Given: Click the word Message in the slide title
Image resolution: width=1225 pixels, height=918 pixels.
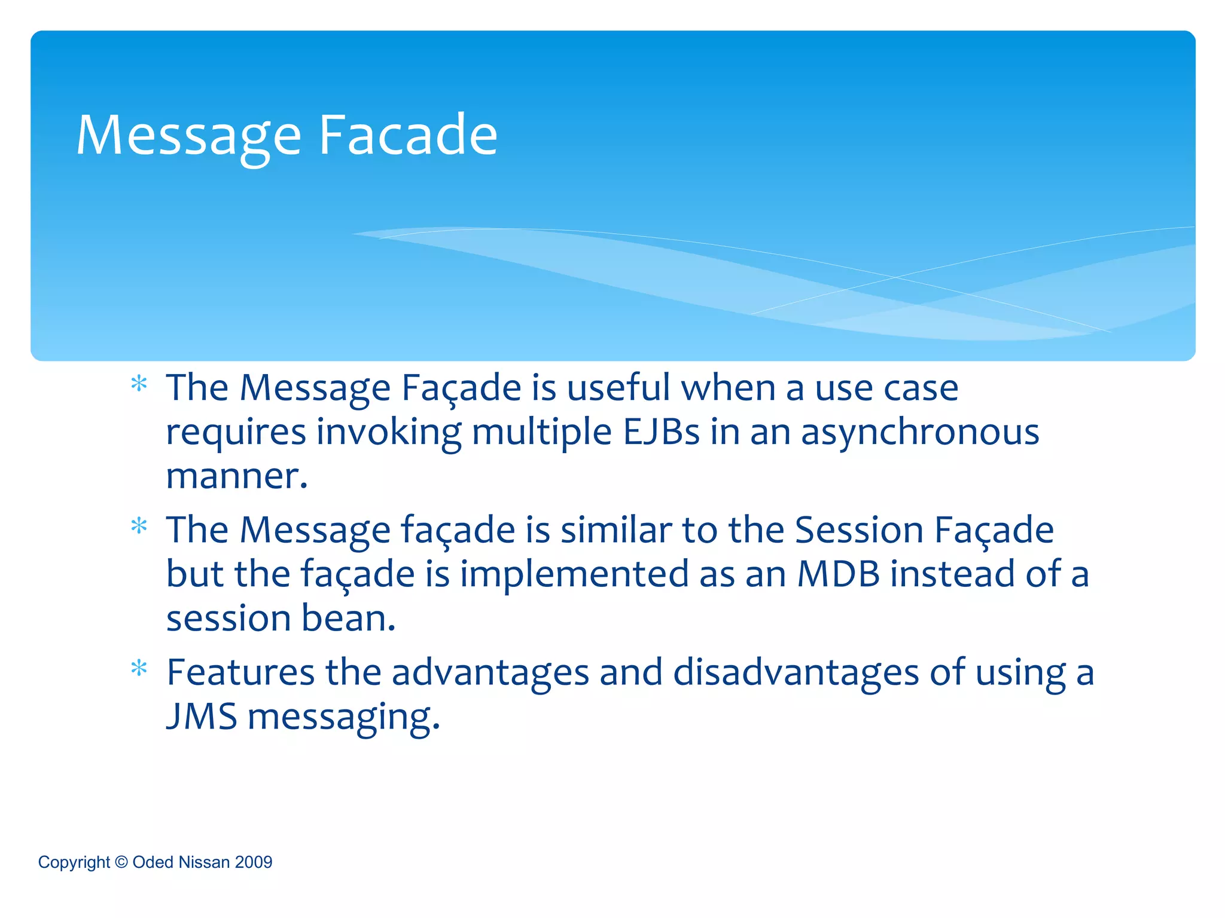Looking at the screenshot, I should pos(188,136).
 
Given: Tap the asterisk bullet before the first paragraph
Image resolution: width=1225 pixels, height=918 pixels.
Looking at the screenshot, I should pos(139,384).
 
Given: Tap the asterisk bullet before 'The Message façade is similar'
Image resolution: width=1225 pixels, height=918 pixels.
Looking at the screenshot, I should pos(139,526).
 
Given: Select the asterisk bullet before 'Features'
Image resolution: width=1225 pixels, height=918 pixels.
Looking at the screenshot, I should pos(139,668).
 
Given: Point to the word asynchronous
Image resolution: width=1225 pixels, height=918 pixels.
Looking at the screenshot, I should pos(920,433).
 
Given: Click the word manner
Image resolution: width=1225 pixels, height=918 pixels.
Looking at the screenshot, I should pos(236,476).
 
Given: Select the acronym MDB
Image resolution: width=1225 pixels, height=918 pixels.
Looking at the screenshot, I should pos(838,574).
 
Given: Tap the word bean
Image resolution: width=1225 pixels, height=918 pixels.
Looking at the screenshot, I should pos(348,618).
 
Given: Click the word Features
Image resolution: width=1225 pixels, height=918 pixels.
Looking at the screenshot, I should pos(240,672).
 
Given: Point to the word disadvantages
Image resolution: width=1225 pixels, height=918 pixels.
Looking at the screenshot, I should pos(796,672).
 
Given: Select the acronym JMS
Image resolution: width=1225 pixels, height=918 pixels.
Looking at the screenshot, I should pos(202,716).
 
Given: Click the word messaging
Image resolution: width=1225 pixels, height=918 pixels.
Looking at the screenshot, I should pos(343,717).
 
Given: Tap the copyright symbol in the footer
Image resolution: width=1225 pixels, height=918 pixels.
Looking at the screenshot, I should pos(121,862).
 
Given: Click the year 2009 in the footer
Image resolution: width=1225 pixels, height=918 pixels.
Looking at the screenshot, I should pos(254,862).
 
